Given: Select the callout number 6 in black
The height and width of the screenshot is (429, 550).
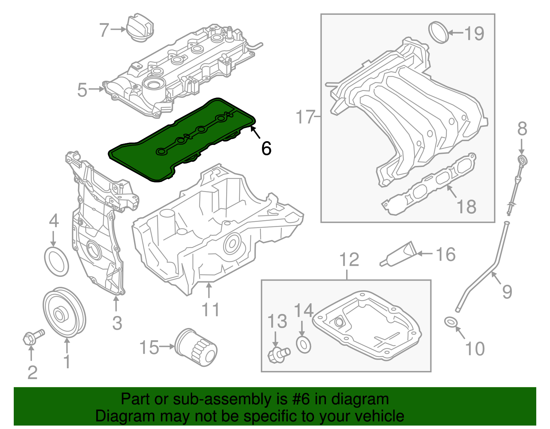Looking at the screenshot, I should click(x=266, y=148).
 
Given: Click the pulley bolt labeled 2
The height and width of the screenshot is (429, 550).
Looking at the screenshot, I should click(x=33, y=337).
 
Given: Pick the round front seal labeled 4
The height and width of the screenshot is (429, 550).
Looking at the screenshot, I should click(x=57, y=261).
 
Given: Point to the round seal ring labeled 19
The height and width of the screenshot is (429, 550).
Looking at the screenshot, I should click(x=439, y=33).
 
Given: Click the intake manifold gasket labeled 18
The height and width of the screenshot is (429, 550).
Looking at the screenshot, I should click(x=430, y=185).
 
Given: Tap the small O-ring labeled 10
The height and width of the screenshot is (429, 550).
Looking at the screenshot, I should click(x=451, y=322).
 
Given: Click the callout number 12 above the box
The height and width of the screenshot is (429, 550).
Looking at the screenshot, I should click(x=349, y=260).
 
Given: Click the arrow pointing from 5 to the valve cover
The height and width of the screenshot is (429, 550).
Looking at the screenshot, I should click(x=97, y=89).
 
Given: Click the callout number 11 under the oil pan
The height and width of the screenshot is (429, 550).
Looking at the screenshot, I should click(x=210, y=310).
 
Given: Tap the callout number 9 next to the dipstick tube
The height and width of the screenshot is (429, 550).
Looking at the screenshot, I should click(x=507, y=292).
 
